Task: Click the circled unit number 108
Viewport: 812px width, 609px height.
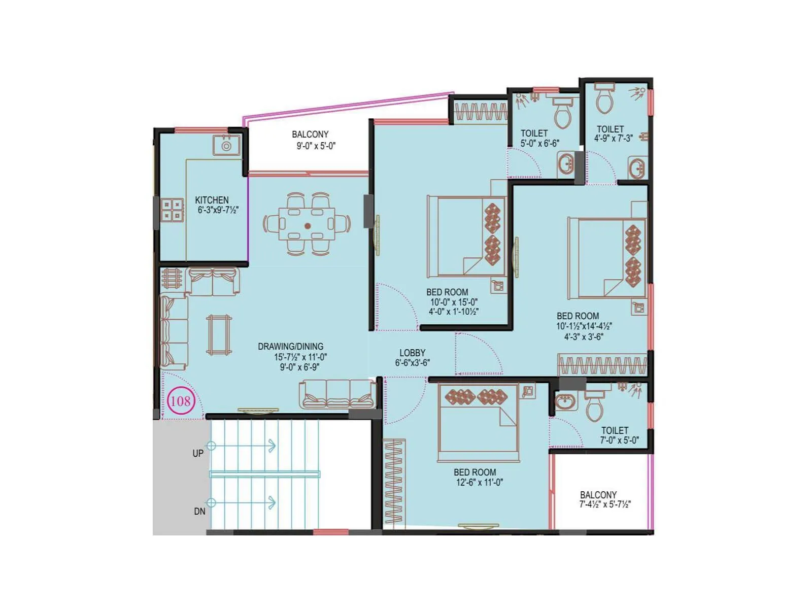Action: click(181, 401)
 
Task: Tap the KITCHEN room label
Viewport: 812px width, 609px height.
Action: click(212, 200)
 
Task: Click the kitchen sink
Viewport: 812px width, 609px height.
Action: click(226, 145)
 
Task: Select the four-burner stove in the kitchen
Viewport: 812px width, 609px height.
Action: click(173, 210)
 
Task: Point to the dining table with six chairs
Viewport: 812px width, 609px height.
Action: click(307, 224)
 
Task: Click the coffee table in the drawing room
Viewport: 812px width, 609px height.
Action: click(219, 335)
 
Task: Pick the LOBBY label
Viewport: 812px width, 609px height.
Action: click(412, 353)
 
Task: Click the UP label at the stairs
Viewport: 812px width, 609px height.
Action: click(198, 453)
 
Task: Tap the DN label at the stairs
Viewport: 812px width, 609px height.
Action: click(199, 512)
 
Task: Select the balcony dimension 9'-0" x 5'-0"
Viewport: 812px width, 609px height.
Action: click(316, 146)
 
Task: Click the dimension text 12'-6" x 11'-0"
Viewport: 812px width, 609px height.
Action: click(480, 483)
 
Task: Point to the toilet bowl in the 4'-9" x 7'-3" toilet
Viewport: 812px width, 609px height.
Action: click(604, 98)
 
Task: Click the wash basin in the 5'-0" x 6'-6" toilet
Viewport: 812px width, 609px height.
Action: click(566, 163)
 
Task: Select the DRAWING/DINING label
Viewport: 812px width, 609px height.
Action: click(290, 347)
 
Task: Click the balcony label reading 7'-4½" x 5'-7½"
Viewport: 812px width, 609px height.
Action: click(605, 504)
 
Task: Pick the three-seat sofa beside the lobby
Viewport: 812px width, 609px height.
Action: click(337, 394)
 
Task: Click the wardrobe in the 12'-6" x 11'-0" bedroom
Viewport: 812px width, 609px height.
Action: click(394, 481)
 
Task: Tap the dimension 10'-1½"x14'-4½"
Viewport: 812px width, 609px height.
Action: click(584, 326)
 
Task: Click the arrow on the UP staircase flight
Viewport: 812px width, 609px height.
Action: click(242, 446)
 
